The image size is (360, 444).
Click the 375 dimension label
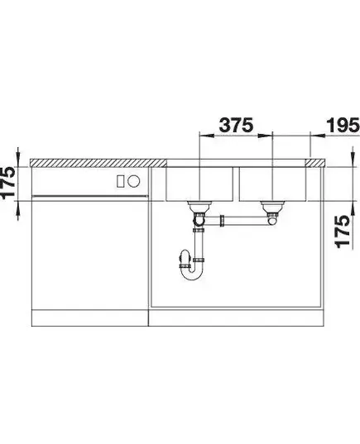(x=236, y=125)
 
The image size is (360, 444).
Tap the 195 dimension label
(x=343, y=125)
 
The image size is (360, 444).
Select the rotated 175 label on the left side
(x=7, y=183)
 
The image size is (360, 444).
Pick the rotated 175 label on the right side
(x=343, y=232)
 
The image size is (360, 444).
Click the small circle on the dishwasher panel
(x=133, y=181)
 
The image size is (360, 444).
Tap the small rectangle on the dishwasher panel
(x=120, y=181)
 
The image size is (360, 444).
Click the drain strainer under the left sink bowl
(x=199, y=206)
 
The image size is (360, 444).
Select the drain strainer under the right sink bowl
(x=272, y=207)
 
